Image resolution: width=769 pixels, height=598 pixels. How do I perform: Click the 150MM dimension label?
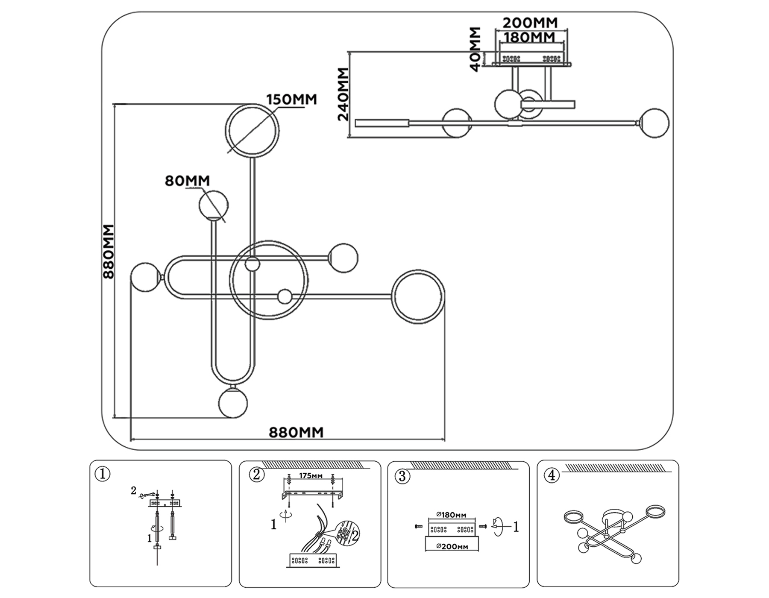click(292, 100)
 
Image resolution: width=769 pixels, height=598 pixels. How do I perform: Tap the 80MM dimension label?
click(187, 181)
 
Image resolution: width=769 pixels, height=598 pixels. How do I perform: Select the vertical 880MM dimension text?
click(109, 252)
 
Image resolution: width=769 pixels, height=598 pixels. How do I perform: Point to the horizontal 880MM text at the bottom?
click(296, 433)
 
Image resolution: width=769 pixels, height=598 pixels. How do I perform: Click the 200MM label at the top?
click(530, 23)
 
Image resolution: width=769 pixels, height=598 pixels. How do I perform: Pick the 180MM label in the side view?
click(530, 38)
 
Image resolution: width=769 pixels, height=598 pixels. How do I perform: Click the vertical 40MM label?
click(475, 50)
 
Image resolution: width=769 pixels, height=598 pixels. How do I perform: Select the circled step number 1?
click(103, 474)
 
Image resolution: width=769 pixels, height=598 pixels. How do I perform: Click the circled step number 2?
click(256, 475)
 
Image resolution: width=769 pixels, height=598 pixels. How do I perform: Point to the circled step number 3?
click(402, 476)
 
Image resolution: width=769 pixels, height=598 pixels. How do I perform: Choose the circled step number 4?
click(552, 475)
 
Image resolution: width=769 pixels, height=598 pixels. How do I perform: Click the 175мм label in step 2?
click(311, 476)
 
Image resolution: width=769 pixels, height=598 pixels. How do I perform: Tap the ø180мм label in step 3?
click(452, 515)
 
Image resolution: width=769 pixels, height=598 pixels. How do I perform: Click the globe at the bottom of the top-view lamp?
click(233, 403)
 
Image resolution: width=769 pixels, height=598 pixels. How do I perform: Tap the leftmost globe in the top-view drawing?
click(145, 278)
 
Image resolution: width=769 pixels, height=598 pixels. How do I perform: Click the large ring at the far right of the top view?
click(418, 296)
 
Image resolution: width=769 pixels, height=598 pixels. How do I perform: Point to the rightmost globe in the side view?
click(655, 123)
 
